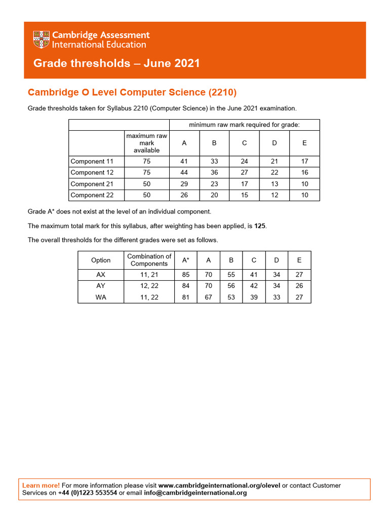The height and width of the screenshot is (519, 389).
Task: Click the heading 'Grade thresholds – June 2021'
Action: pyautogui.click(x=116, y=63)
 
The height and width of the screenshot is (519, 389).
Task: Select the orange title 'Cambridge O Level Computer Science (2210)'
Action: pyautogui.click(x=132, y=92)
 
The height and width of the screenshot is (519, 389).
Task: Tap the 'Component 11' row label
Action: pyautogui.click(x=92, y=162)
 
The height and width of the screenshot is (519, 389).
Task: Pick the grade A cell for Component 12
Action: pyautogui.click(x=184, y=173)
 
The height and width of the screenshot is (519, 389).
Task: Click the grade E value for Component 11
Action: pyautogui.click(x=304, y=162)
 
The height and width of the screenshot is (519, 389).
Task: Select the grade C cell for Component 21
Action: pyautogui.click(x=244, y=184)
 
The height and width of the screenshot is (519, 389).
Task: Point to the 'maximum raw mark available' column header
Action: pyautogui.click(x=146, y=143)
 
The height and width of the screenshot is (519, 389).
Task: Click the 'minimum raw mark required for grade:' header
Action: pyautogui.click(x=244, y=125)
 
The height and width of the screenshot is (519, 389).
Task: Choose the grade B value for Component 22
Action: pyautogui.click(x=214, y=195)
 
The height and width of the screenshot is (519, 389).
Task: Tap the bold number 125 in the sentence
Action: pyautogui.click(x=260, y=226)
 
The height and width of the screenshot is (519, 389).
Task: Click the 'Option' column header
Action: pyautogui.click(x=101, y=260)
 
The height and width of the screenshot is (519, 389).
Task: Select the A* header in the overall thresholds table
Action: pyautogui.click(x=185, y=260)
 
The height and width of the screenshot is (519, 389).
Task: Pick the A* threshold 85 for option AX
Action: pyautogui.click(x=185, y=275)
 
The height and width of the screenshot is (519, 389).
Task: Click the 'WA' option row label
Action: pyautogui.click(x=101, y=298)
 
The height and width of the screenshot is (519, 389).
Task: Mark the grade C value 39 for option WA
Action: pyautogui.click(x=254, y=298)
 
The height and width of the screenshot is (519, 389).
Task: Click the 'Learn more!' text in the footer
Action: pyautogui.click(x=41, y=486)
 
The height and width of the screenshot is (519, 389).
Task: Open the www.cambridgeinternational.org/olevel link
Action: pyautogui.click(x=219, y=486)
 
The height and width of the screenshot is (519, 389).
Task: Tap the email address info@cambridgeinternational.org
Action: pyautogui.click(x=196, y=493)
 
